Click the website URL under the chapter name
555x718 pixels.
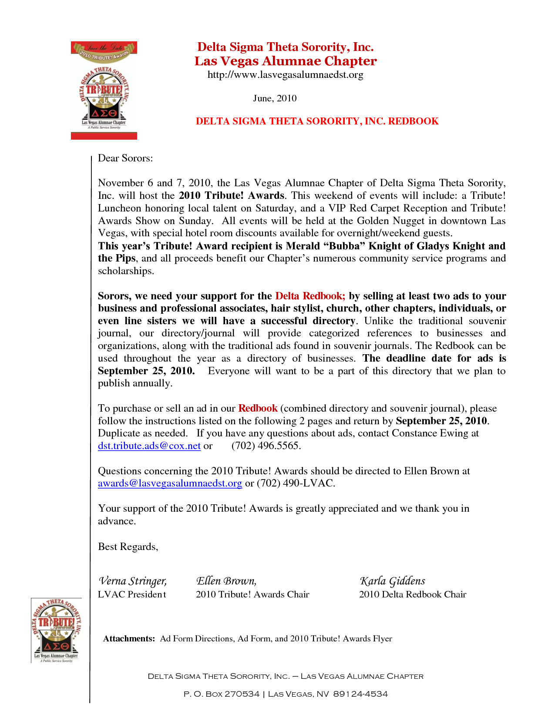(285, 75)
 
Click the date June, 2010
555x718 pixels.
(275, 98)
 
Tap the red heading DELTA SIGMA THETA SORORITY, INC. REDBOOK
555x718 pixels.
(317, 121)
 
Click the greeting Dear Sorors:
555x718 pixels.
(125, 158)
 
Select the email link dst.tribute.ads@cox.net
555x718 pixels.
(149, 446)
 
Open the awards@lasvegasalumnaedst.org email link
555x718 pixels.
(170, 483)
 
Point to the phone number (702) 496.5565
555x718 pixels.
(266, 446)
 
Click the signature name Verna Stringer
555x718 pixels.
(132, 581)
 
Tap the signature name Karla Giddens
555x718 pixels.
(392, 581)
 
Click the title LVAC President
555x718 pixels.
(132, 595)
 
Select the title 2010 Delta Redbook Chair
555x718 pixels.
(412, 595)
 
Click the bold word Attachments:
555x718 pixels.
(129, 639)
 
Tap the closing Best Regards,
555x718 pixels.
(128, 547)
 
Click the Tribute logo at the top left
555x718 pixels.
(104, 91)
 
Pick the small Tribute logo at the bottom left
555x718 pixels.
(56, 630)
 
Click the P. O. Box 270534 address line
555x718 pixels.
(286, 694)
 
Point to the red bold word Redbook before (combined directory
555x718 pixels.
(258, 409)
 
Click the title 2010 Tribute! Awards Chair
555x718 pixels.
(252, 595)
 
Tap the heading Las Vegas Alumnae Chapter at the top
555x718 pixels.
(286, 61)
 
